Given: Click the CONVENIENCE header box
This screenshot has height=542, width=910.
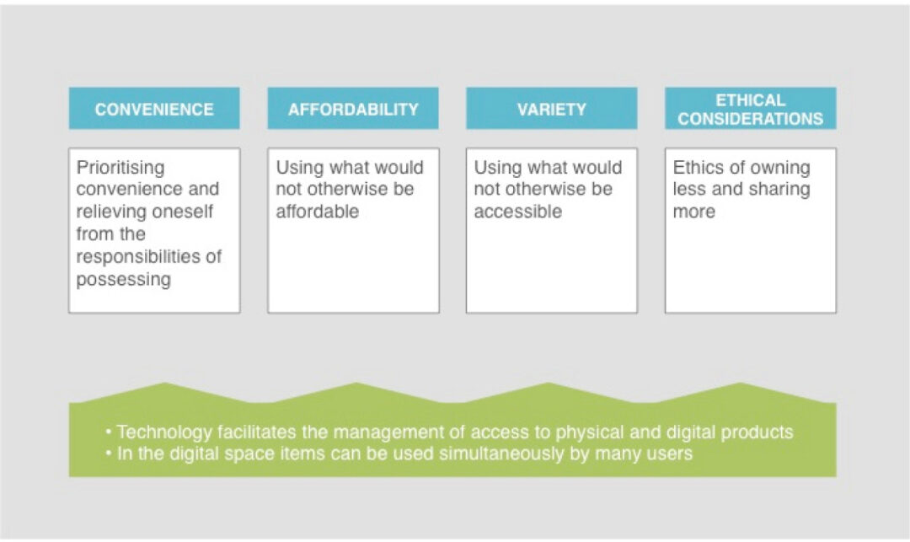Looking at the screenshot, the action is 154,108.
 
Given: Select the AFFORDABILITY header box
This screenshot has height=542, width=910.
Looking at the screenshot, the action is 353,108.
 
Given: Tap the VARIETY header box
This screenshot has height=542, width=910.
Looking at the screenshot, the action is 551,108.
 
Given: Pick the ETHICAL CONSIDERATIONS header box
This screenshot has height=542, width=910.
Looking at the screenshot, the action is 751,108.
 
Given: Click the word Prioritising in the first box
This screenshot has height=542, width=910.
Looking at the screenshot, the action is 120,168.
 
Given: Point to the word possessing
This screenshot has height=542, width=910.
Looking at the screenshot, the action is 124,280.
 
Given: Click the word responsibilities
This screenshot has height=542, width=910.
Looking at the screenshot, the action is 138,256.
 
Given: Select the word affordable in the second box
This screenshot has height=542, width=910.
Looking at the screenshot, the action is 318,212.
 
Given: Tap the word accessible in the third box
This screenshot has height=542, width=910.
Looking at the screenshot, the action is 518,212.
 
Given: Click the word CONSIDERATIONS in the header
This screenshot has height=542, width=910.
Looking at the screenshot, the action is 751,118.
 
